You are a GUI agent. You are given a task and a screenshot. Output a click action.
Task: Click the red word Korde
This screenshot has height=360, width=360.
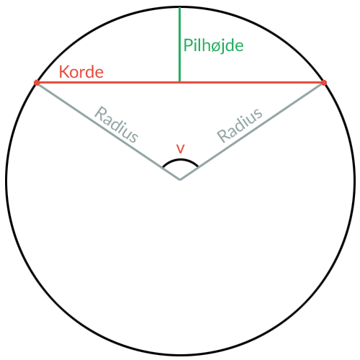pos(81,71)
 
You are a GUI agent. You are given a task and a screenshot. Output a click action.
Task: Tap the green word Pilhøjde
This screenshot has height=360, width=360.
pos(213,45)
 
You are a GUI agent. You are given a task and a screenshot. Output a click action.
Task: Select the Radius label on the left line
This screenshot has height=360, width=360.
pos(117,125)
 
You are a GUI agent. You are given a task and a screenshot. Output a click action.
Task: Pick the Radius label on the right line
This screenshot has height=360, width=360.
pos(240,125)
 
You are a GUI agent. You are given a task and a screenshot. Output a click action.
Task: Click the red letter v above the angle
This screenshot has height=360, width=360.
pos(180,149)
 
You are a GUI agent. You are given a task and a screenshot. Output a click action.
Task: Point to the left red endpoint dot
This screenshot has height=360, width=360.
pos(37,83)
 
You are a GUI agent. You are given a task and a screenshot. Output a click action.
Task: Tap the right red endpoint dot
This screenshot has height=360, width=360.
pos(324,83)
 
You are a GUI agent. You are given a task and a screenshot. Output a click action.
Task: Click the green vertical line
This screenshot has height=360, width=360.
pos(179,45)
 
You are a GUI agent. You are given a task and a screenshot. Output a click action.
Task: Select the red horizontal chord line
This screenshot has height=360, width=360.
pos(180,83)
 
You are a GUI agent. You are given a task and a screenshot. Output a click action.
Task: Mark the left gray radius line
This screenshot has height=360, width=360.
pos(108,131)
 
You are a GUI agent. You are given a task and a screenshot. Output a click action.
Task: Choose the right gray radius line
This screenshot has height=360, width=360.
pos(252,131)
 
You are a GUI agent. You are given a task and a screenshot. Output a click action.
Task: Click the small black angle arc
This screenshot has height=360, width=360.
pos(180,160)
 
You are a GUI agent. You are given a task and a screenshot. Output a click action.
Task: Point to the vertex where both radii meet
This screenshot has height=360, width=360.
pos(180,179)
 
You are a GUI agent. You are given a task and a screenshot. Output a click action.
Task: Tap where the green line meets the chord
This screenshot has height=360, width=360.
pos(179,83)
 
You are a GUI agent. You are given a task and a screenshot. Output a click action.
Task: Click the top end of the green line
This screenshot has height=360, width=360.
pos(179,7)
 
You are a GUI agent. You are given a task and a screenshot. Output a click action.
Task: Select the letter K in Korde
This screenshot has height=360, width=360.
pos(63,72)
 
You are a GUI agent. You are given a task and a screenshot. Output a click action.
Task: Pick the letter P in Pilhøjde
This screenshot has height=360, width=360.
pos(188,45)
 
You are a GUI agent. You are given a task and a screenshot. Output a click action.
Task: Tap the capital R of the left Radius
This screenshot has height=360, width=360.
pos(101,113)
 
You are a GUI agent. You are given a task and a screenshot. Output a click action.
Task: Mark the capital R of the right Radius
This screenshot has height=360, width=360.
pos(223,135)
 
